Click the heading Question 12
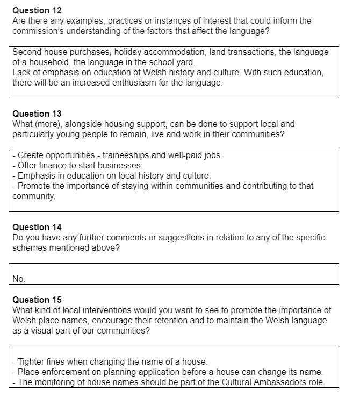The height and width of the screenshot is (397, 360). (37, 11)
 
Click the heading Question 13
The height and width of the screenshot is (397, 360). (37, 114)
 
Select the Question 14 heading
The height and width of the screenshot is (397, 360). (37, 228)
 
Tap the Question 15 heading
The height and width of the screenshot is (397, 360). (37, 300)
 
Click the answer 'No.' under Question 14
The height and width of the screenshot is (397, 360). (19, 279)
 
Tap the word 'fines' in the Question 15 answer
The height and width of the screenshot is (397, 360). (55, 362)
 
